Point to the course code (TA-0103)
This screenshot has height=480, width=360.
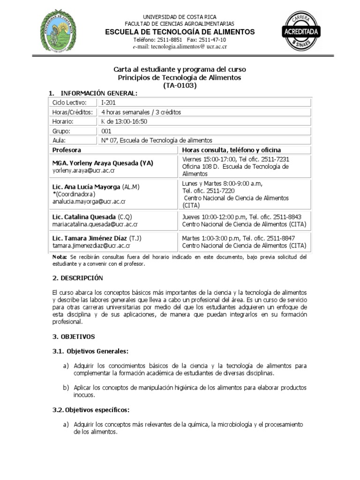click(180, 85)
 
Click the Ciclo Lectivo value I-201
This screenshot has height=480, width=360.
click(108, 103)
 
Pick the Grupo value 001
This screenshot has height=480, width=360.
click(106, 131)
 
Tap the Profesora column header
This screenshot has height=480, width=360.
click(67, 150)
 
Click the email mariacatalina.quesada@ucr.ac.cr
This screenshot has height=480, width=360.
click(95, 225)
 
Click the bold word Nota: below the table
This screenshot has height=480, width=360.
click(60, 257)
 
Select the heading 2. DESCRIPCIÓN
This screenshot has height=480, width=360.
click(77, 278)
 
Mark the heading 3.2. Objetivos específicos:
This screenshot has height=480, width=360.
click(91, 410)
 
